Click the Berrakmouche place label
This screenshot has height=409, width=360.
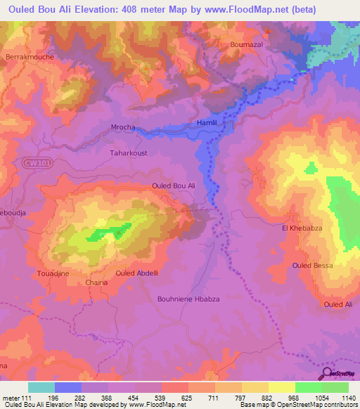pos(30,56)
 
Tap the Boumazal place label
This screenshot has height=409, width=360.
pos(246,44)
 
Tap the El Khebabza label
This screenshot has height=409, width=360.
pos(301,228)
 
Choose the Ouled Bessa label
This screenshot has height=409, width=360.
pos(312,265)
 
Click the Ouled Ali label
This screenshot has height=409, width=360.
pos(337,304)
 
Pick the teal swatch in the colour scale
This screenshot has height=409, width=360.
pos(41,387)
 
